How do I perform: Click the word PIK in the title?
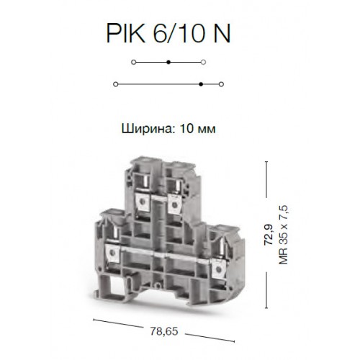[x=126, y=33]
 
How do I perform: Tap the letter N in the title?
[x=222, y=33]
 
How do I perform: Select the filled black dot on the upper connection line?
[x=168, y=62]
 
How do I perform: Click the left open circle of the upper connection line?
[x=134, y=62]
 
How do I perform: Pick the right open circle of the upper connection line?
[x=203, y=62]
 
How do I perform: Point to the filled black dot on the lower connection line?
[x=201, y=84]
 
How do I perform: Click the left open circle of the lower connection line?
[x=115, y=84]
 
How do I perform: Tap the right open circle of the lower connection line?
[x=222, y=84]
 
